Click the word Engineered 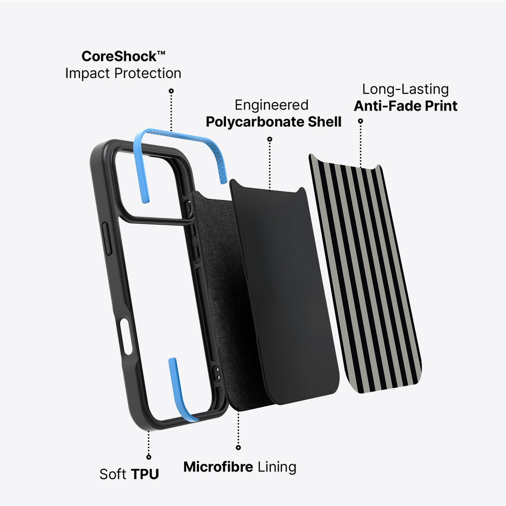pos(272,105)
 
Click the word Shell pos(325,121)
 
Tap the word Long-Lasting pos(405,89)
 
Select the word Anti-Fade pos(387,106)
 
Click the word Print pos(441,106)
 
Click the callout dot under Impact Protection pos(171,91)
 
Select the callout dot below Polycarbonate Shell pos(270,139)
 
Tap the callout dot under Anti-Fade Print pos(361,121)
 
